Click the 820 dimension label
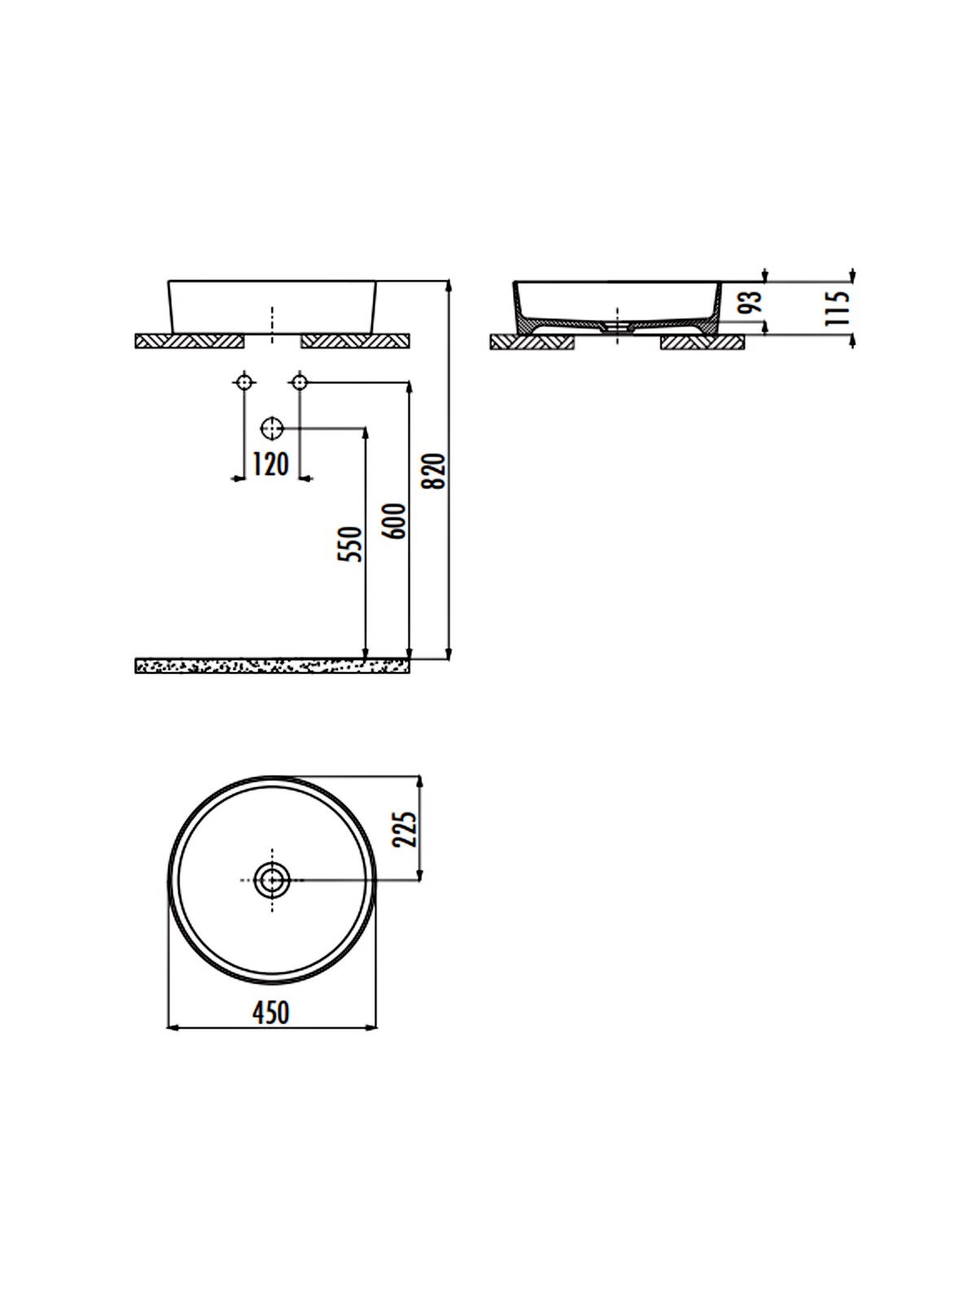coord(434,471)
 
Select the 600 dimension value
coord(395,522)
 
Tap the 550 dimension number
coord(349,544)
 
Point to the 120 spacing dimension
coord(270,465)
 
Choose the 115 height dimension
coord(839,308)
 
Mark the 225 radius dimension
coord(406,829)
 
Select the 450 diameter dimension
coord(271,1012)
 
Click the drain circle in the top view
coord(272,880)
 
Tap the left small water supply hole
coord(243,382)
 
